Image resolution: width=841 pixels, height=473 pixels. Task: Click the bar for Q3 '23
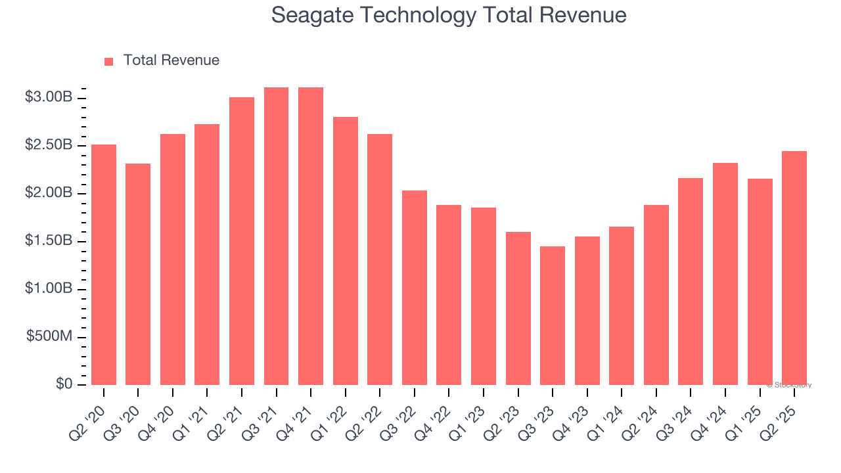[x=553, y=315]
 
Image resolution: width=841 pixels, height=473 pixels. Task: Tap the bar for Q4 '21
[x=311, y=236]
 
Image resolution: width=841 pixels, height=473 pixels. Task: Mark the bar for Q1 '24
[x=622, y=305]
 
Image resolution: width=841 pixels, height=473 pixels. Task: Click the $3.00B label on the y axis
[x=49, y=97]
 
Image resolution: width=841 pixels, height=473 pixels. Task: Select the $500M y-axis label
[x=49, y=336]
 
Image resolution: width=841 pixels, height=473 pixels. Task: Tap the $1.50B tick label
[x=49, y=240]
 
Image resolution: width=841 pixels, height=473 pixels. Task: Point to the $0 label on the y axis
[x=63, y=384]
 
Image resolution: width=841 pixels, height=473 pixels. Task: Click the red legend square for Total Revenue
[x=109, y=61]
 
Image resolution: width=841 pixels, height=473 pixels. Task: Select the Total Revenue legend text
[x=171, y=60]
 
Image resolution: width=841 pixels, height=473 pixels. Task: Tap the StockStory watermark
[x=789, y=385]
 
